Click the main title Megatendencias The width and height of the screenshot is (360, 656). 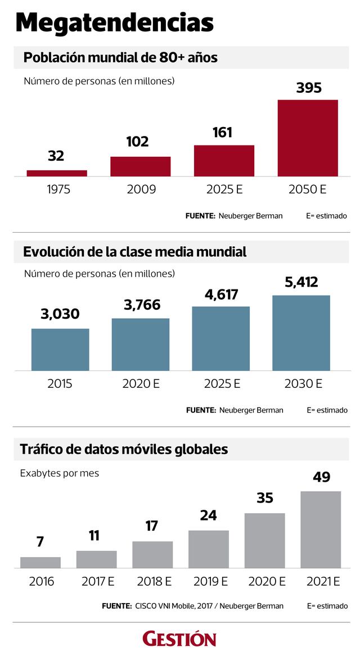pos(114,24)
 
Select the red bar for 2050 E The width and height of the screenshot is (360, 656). pos(308,138)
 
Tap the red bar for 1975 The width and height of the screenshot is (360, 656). pos(57,173)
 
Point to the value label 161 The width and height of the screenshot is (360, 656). pos(222,133)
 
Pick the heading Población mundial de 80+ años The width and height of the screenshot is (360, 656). pos(120,57)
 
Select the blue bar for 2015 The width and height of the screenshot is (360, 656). pos(60,349)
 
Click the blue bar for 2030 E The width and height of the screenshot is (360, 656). pos(301,333)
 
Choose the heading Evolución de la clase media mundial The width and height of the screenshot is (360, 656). pos(135,252)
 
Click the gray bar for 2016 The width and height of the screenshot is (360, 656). pos(40,562)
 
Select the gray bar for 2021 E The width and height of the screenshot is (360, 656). pos(321,530)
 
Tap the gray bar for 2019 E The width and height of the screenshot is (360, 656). pos(209,549)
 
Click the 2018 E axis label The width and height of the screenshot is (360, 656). pos(152,581)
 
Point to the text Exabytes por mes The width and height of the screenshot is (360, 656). pos(60,473)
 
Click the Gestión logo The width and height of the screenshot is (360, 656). pos(179,639)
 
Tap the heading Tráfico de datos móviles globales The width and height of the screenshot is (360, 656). pos(124,449)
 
